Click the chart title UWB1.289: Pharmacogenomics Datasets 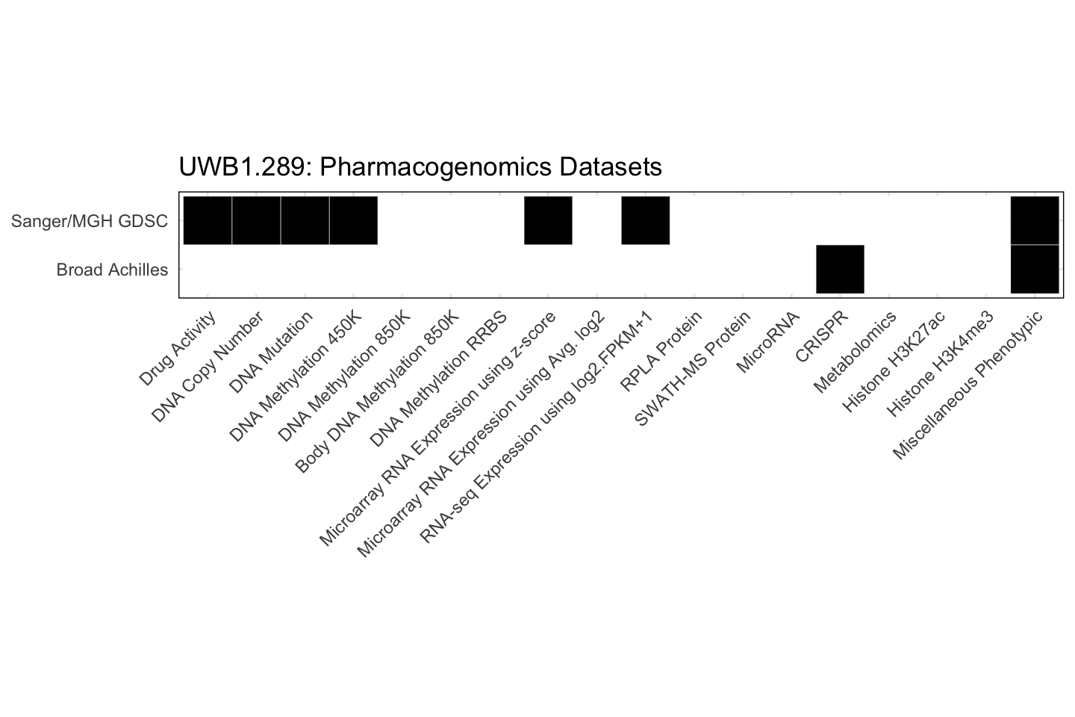[x=420, y=167]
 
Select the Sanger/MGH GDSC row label [x=90, y=221]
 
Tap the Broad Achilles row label [x=112, y=270]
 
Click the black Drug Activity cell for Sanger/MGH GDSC [x=208, y=220]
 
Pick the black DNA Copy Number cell [x=256, y=220]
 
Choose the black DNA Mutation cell [x=305, y=220]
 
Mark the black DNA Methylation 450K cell [x=353, y=220]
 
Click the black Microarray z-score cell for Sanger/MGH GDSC [x=548, y=220]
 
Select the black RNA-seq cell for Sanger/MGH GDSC [x=645, y=220]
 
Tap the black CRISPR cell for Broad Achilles [x=840, y=269]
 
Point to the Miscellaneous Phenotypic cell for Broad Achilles [x=1035, y=269]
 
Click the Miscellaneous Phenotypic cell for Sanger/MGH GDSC [x=1035, y=220]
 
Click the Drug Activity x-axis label [x=178, y=348]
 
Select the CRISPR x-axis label [x=822, y=337]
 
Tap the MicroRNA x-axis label [x=768, y=342]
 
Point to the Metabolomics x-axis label [x=856, y=352]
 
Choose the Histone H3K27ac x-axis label [x=894, y=361]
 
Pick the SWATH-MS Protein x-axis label [x=692, y=369]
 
